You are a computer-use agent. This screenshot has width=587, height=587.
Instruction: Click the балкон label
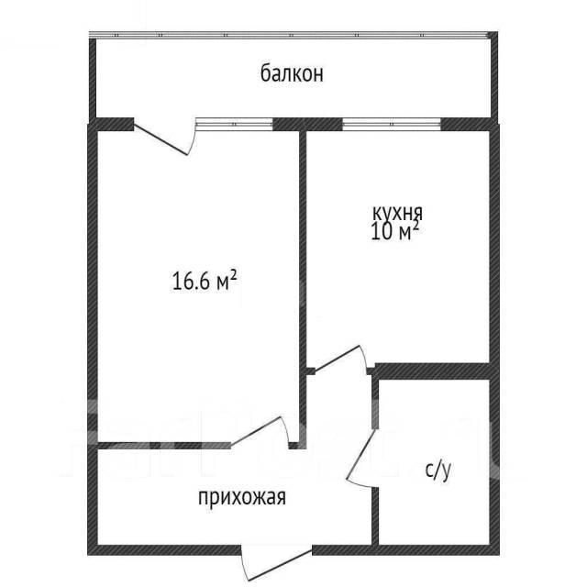pos(292,73)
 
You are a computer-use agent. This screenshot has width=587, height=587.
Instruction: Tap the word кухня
pos(397,213)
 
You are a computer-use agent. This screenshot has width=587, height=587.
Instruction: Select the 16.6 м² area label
pos(205,281)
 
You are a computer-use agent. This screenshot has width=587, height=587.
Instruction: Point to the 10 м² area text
pos(394,231)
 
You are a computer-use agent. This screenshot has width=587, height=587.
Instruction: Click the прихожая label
pos(242,498)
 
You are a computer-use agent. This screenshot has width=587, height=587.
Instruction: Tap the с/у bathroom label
pos(438,470)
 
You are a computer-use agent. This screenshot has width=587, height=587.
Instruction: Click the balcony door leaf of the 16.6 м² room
pos(161,138)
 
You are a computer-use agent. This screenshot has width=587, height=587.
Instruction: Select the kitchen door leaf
pos(337,359)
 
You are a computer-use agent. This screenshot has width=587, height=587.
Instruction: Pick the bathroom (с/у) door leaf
pos(361,455)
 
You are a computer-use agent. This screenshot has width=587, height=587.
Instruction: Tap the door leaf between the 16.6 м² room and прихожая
pos(256,431)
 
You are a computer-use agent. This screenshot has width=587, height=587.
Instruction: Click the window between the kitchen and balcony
pos(392,124)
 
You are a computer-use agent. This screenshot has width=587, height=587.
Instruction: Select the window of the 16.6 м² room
pos(234,124)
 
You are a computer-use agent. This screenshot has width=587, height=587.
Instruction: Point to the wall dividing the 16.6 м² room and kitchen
pos(303,288)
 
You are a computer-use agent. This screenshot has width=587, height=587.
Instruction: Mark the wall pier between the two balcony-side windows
pos(307,124)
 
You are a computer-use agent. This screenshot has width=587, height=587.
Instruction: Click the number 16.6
pos(190,282)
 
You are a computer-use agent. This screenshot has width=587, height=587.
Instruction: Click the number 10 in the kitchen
pos(382,232)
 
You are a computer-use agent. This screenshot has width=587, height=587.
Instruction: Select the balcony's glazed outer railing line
pos(289,35)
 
